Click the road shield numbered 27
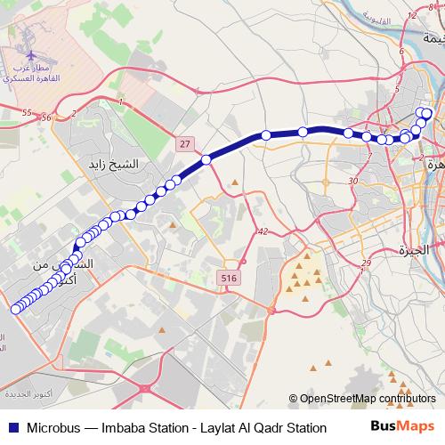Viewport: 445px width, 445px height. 184,142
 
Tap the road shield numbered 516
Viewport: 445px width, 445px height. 230,279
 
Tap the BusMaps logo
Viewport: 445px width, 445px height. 401,427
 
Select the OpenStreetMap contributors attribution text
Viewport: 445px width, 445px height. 367,400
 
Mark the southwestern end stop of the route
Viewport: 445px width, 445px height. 15,309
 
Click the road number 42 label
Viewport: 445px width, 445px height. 262,231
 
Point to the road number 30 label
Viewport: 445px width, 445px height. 353,181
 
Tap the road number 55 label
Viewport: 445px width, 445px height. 26,113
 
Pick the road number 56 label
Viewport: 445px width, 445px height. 46,117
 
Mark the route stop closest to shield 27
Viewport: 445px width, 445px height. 206,160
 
